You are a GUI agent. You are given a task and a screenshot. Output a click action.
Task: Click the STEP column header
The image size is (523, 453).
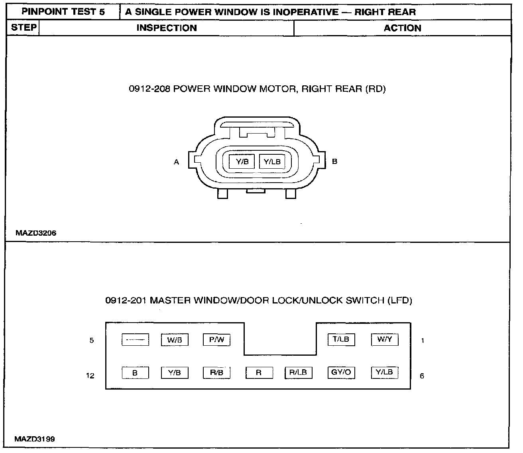[x=24, y=28]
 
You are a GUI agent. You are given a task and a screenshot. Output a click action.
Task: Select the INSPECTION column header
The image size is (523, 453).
[x=167, y=28]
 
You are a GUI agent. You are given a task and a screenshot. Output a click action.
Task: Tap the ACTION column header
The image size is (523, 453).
[x=402, y=28]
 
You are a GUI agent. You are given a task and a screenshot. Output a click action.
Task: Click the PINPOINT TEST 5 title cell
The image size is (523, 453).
[x=63, y=12]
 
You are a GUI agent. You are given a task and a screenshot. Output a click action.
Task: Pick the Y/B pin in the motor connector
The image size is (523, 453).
[x=242, y=162]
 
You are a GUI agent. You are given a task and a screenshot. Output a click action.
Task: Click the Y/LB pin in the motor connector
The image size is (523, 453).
[x=272, y=162]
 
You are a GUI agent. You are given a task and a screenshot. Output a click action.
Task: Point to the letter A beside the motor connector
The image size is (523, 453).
[x=176, y=162]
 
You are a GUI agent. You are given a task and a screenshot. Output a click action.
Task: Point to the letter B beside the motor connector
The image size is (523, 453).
[x=334, y=162]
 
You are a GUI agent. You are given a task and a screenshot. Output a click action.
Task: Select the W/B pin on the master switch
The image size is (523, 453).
[x=175, y=340]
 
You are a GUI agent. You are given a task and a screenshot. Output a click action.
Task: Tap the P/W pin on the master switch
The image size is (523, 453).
[x=217, y=340]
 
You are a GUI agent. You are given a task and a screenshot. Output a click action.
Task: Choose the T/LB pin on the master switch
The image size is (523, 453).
[x=341, y=339]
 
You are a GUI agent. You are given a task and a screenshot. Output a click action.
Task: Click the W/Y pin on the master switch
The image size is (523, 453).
[x=385, y=339]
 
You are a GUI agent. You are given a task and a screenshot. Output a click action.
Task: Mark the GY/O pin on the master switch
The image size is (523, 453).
[x=341, y=372]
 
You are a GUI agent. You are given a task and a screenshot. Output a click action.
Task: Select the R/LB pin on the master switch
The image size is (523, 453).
[x=298, y=372]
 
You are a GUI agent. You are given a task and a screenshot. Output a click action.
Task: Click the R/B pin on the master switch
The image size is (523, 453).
[x=217, y=372]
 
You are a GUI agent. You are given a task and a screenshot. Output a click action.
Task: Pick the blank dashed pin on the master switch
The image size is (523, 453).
[x=135, y=340]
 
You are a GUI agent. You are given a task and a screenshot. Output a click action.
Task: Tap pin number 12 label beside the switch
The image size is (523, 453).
[x=90, y=375]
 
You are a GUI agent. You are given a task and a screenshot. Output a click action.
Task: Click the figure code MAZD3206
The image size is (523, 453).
[x=36, y=233]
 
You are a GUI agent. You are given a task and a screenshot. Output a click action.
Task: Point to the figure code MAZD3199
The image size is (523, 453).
[x=35, y=439]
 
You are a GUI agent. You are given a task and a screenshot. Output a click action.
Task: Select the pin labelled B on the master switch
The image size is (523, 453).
[x=135, y=373]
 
